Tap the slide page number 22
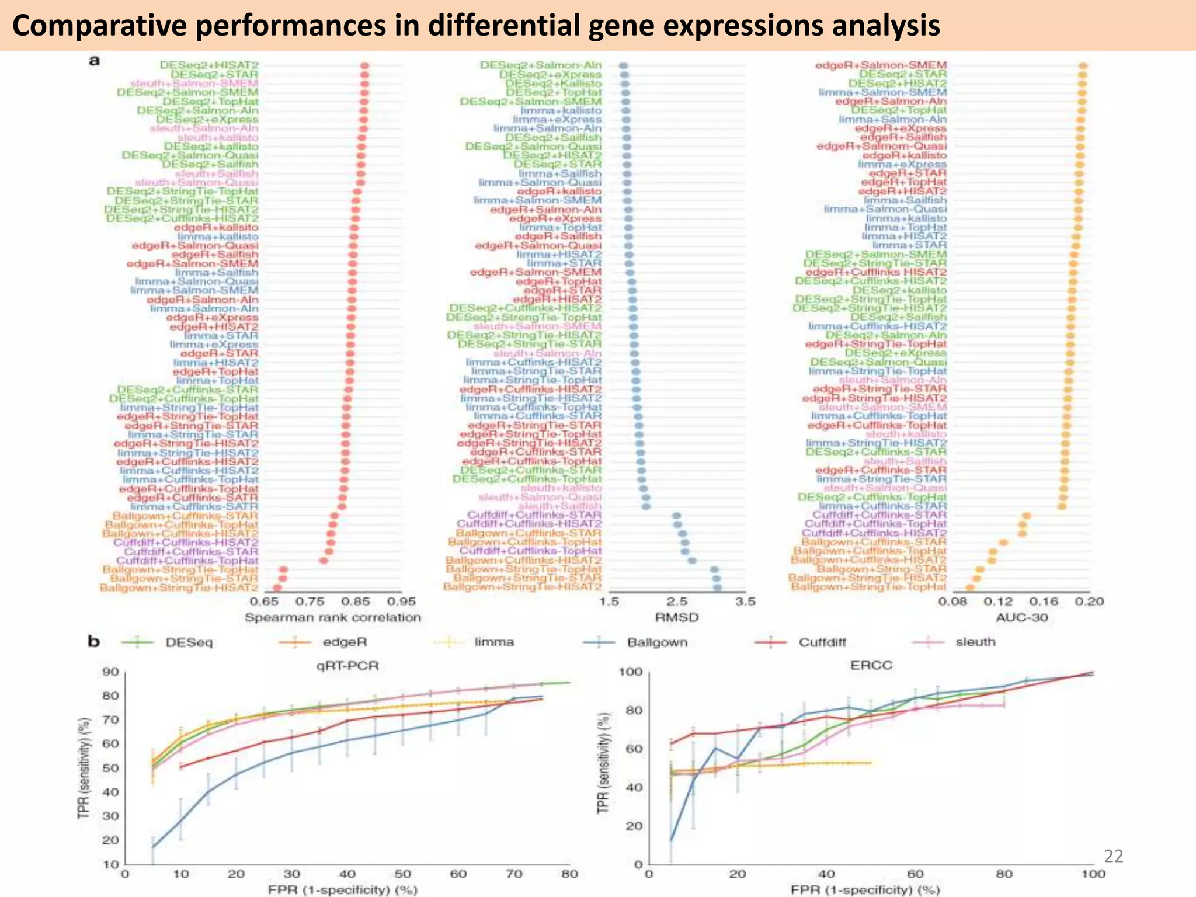pyautogui.click(x=1114, y=856)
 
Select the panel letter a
pyautogui.click(x=93, y=61)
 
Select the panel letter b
pyautogui.click(x=94, y=642)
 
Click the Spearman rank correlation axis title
pyautogui.click(x=332, y=617)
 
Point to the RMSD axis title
pyautogui.click(x=677, y=617)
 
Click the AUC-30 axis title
pyautogui.click(x=1021, y=617)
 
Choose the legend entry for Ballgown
pyautogui.click(x=657, y=642)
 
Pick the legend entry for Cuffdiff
pyautogui.click(x=822, y=642)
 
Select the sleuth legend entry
pyautogui.click(x=975, y=642)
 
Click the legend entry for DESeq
pyautogui.click(x=189, y=642)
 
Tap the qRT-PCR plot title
pyautogui.click(x=347, y=665)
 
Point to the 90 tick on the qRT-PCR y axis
pyautogui.click(x=110, y=672)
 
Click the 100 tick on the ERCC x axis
pyautogui.click(x=1093, y=874)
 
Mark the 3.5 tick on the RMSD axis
pyautogui.click(x=745, y=602)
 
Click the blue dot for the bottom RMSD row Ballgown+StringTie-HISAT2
pyautogui.click(x=717, y=587)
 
